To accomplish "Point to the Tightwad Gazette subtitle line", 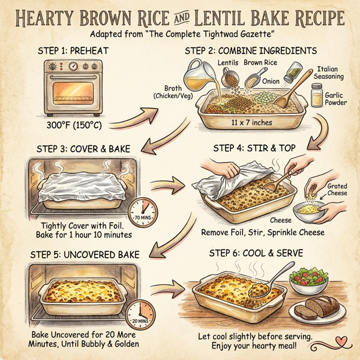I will [x=180, y=32].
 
